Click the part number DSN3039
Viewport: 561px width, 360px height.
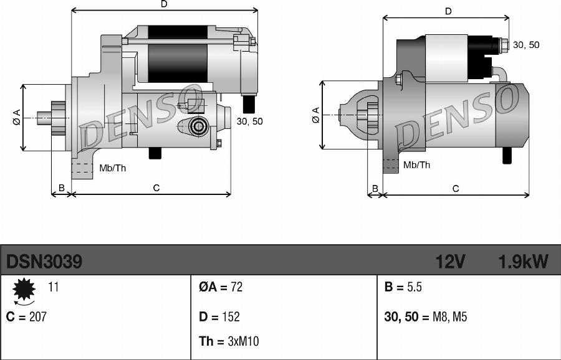[44, 262]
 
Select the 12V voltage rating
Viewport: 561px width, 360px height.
[450, 262]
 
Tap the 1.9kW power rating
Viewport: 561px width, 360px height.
[523, 262]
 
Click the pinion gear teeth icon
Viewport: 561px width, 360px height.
[24, 289]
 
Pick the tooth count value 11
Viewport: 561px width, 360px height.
[54, 287]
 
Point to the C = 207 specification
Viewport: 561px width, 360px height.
[26, 316]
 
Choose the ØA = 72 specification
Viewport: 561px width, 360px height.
[221, 287]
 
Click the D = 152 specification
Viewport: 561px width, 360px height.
[219, 316]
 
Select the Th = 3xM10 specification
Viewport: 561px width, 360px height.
[229, 341]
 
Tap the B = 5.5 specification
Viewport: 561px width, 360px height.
[403, 287]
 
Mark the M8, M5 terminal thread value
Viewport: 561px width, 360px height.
[449, 317]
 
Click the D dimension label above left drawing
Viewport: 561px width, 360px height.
[164, 4]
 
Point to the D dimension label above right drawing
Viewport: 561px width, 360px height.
[448, 11]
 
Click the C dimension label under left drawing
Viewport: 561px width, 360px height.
[156, 187]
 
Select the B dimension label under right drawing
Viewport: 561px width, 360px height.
[375, 188]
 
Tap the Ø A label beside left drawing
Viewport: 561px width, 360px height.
[16, 118]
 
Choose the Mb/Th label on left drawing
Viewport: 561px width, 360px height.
[113, 168]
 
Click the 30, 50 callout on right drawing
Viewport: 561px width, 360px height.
[526, 45]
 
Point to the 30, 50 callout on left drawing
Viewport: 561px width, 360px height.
[249, 121]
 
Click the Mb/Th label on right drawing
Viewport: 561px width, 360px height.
[416, 165]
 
